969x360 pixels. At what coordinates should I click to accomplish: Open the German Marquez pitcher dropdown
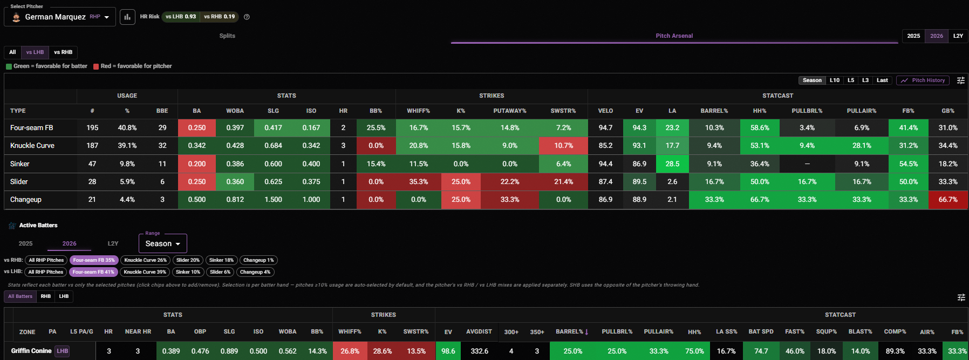(x=60, y=17)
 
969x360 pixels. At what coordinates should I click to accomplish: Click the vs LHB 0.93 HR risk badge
(x=181, y=17)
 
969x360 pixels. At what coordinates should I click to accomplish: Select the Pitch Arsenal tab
(x=674, y=36)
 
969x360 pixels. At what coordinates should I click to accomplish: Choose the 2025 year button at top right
(x=913, y=36)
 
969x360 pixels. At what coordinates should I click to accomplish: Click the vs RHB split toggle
(x=63, y=52)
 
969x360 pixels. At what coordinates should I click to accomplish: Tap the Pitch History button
(x=923, y=80)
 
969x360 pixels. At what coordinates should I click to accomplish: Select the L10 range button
(x=835, y=80)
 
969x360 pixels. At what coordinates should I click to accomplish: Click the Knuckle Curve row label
(x=32, y=146)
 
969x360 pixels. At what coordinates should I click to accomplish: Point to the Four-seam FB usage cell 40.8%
(x=127, y=128)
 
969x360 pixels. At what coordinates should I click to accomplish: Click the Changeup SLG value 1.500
(x=274, y=200)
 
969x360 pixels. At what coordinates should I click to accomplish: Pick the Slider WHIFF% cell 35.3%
(x=419, y=182)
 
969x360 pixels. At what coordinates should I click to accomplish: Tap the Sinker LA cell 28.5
(x=672, y=164)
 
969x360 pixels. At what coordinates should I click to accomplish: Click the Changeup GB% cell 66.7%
(x=948, y=200)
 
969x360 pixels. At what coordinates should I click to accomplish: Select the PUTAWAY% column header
(x=510, y=111)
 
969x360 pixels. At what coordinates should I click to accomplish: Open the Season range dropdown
(x=163, y=243)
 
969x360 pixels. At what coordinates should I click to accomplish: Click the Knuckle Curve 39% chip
(x=145, y=272)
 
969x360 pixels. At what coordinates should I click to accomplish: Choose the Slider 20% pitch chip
(x=188, y=260)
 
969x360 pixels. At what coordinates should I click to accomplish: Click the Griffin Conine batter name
(x=31, y=351)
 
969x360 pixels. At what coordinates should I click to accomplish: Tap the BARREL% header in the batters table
(x=572, y=332)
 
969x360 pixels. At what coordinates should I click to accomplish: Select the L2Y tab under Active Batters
(x=113, y=243)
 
